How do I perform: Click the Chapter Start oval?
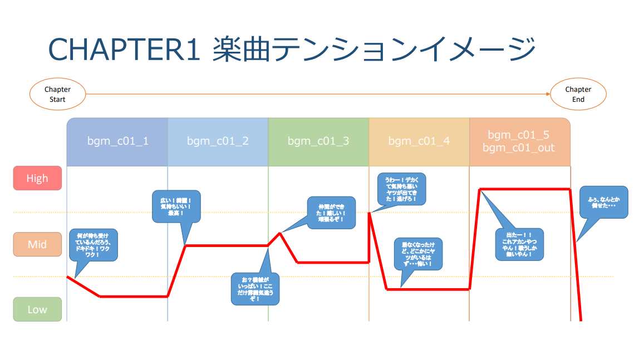tap(58, 94)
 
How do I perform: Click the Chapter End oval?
tap(578, 94)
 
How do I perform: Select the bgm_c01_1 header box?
tap(117, 141)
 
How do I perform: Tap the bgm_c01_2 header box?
tap(218, 141)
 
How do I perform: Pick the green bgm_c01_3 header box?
tap(318, 141)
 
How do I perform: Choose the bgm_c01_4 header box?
tap(419, 141)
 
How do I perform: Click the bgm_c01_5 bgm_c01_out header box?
tap(519, 141)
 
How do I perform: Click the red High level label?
tap(37, 179)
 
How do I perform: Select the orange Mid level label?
tap(37, 244)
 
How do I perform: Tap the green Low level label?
tap(37, 309)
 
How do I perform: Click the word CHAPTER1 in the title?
tap(124, 50)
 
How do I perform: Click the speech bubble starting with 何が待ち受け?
tap(93, 245)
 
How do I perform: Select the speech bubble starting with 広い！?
tap(176, 206)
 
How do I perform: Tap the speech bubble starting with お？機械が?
tap(255, 289)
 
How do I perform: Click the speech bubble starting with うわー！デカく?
tap(401, 189)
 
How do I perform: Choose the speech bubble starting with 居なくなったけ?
tap(418, 254)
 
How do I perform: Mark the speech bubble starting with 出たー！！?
tap(520, 244)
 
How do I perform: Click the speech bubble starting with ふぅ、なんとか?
tap(604, 202)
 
